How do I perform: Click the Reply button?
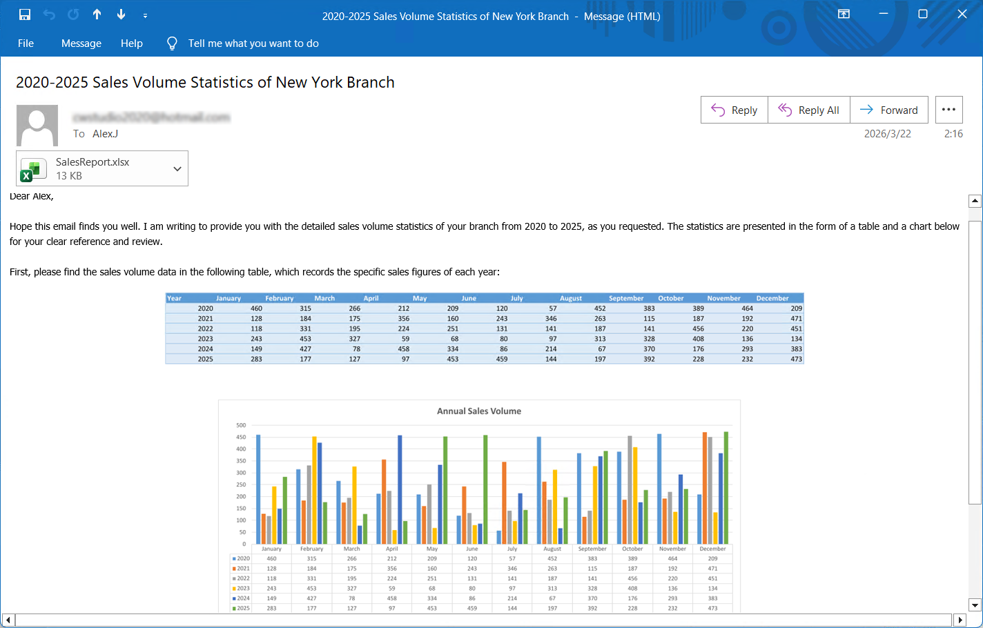click(x=734, y=110)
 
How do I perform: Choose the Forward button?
click(x=889, y=110)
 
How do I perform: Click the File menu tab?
click(x=26, y=43)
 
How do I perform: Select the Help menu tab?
click(x=131, y=43)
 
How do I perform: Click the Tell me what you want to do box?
click(x=253, y=43)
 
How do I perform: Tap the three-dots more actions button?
click(x=948, y=110)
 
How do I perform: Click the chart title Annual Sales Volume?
click(x=479, y=411)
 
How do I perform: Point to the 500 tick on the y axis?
click(x=241, y=425)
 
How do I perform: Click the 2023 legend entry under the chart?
click(x=242, y=589)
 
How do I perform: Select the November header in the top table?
click(x=723, y=298)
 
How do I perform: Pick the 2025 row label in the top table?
click(x=205, y=359)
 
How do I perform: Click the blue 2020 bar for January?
click(x=258, y=489)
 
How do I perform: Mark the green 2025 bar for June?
click(x=485, y=489)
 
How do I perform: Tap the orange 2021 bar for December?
click(x=705, y=488)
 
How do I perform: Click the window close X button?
click(x=962, y=14)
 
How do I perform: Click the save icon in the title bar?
click(x=25, y=14)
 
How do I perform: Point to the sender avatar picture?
click(x=37, y=125)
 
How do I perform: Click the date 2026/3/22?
click(x=887, y=134)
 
